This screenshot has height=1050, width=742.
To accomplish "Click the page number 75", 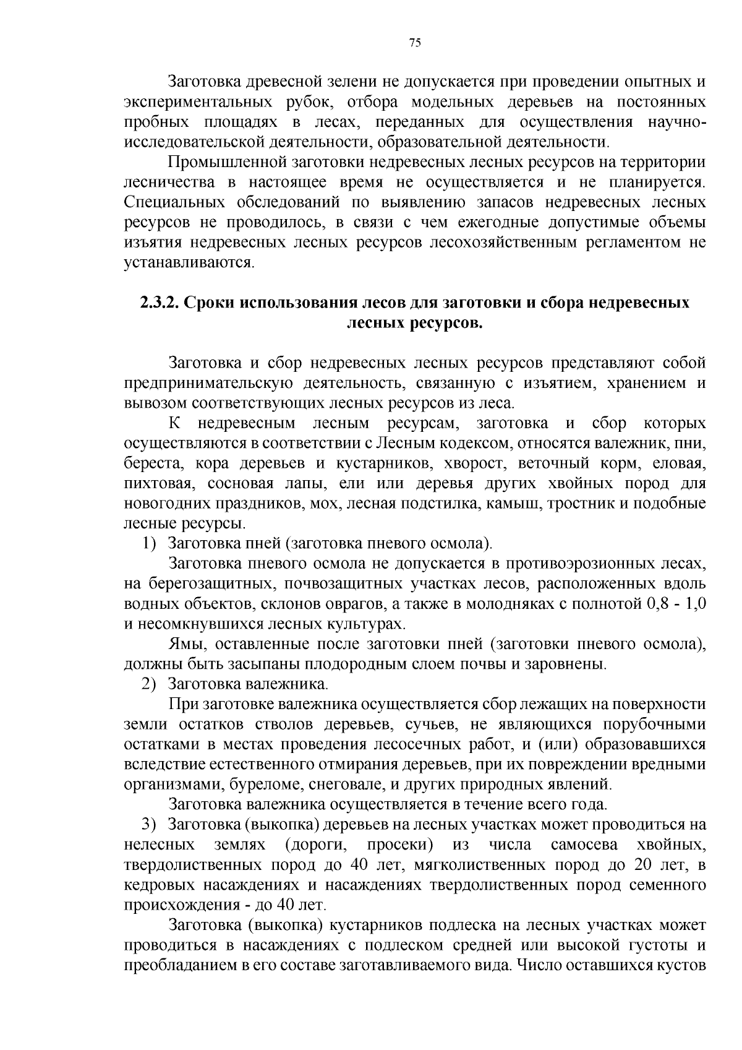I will click(415, 43).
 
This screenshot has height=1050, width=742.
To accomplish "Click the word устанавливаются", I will click(189, 262).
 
